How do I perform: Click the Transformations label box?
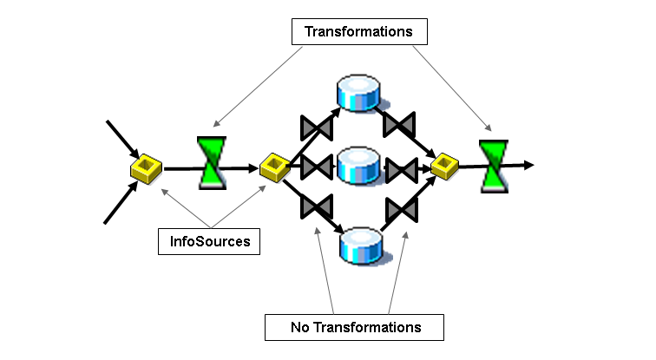click(x=358, y=32)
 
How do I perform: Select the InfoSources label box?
click(x=209, y=240)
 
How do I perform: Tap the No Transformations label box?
click(x=354, y=327)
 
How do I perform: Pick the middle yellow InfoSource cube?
click(x=275, y=167)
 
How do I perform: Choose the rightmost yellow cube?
click(x=444, y=164)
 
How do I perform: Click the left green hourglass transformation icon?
click(x=213, y=162)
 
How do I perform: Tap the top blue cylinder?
click(x=358, y=94)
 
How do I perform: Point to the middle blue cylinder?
click(x=359, y=165)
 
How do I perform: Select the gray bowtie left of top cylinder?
click(x=316, y=128)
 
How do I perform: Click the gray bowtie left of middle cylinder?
click(x=317, y=166)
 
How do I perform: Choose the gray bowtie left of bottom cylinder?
click(x=316, y=206)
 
